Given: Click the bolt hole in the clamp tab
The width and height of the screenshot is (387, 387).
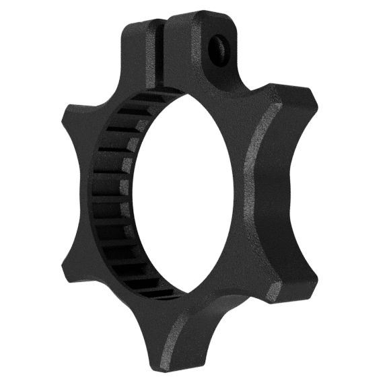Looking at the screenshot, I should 217,46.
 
